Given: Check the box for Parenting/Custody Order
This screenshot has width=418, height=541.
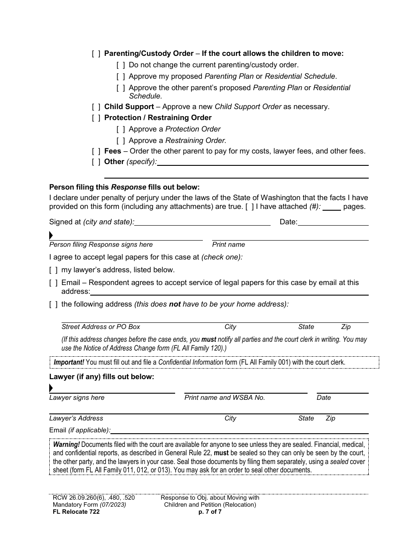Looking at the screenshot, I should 96,54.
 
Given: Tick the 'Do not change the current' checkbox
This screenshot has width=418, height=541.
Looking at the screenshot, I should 121,65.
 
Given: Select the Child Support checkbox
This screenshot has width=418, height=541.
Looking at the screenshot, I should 96,107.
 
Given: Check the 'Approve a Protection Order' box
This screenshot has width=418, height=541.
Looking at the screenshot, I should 121,129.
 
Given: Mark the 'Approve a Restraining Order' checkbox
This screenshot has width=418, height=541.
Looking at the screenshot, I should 121,141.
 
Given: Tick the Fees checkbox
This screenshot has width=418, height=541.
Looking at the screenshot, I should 96,151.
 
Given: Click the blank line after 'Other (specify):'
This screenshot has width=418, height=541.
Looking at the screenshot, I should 262,162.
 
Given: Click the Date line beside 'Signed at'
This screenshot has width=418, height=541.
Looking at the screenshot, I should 333,222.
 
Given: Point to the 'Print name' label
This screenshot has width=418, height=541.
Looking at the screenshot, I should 228,245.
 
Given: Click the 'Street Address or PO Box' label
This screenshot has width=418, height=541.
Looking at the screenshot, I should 101,327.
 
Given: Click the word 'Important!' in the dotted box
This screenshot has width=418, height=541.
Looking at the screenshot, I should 69,362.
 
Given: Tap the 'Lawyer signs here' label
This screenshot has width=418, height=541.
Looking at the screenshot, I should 77,398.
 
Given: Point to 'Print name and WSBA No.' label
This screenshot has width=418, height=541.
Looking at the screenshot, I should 224,398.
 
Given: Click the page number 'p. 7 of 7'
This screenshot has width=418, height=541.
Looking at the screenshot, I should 210,512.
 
